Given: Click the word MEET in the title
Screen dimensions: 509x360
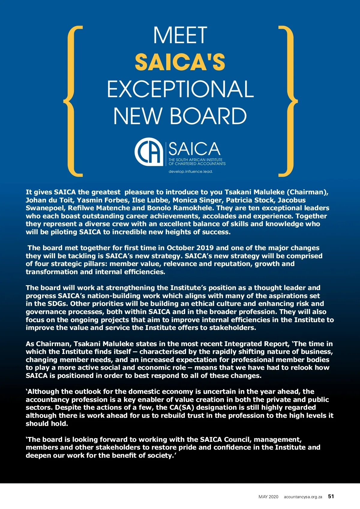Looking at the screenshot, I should (x=180, y=35).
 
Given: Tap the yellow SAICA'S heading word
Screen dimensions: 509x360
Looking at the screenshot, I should (x=180, y=62).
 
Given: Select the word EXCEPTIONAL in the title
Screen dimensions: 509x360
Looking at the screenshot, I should (x=180, y=89).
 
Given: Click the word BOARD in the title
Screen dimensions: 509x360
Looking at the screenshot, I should (x=208, y=116).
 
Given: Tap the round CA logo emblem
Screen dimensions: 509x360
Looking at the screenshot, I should (x=148, y=151).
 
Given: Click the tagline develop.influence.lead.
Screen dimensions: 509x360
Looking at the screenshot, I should (x=190, y=172).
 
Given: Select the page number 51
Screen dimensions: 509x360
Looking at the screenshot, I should (x=331, y=496).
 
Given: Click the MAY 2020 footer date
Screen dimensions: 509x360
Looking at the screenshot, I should (x=268, y=497).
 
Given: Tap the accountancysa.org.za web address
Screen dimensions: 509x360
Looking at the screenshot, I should (x=303, y=497).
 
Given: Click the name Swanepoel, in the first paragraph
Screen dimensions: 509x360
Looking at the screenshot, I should (x=46, y=208).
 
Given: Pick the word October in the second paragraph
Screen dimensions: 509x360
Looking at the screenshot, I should (x=181, y=248).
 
